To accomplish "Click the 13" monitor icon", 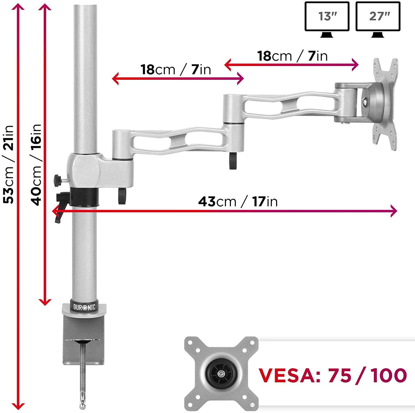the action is click(327, 20).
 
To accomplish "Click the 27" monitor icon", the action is click(378, 20).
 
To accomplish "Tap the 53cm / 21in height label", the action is click(9, 164).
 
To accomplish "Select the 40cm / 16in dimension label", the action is click(36, 165).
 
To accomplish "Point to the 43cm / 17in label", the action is click(238, 201).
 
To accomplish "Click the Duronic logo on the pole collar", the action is click(84, 307).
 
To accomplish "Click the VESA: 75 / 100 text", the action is click(333, 375).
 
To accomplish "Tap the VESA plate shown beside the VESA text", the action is click(221, 374).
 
